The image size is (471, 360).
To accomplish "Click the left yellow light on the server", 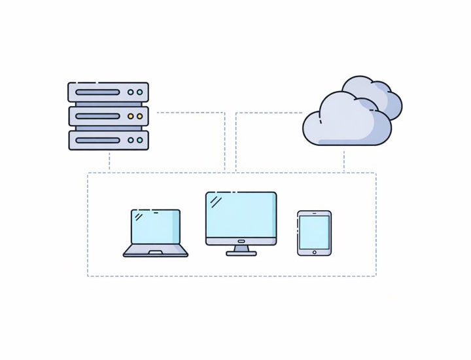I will pyautogui.click(x=131, y=117).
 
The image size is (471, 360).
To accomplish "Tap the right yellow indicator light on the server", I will pyautogui.click(x=139, y=117).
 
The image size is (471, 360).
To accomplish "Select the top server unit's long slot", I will pyautogui.click(x=97, y=92).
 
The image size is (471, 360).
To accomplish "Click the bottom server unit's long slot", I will pyautogui.click(x=97, y=140).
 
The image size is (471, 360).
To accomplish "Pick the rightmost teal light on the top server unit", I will pyautogui.click(x=139, y=92).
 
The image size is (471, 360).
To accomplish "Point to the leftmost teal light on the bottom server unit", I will pyautogui.click(x=131, y=140).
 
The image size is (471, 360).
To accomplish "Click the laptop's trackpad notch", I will pyautogui.click(x=156, y=252).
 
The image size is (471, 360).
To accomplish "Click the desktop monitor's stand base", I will pyautogui.click(x=241, y=253).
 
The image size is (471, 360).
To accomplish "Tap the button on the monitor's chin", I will pyautogui.click(x=241, y=241).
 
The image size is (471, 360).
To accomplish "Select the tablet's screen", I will pyautogui.click(x=314, y=232).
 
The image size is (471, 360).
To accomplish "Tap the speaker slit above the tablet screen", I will pyautogui.click(x=314, y=213).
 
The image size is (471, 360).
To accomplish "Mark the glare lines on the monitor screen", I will pyautogui.click(x=216, y=202).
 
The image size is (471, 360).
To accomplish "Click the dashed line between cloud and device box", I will pyautogui.click(x=344, y=160).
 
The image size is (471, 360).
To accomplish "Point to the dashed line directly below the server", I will pyautogui.click(x=109, y=162).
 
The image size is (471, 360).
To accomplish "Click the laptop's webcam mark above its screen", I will pyautogui.click(x=156, y=211).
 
